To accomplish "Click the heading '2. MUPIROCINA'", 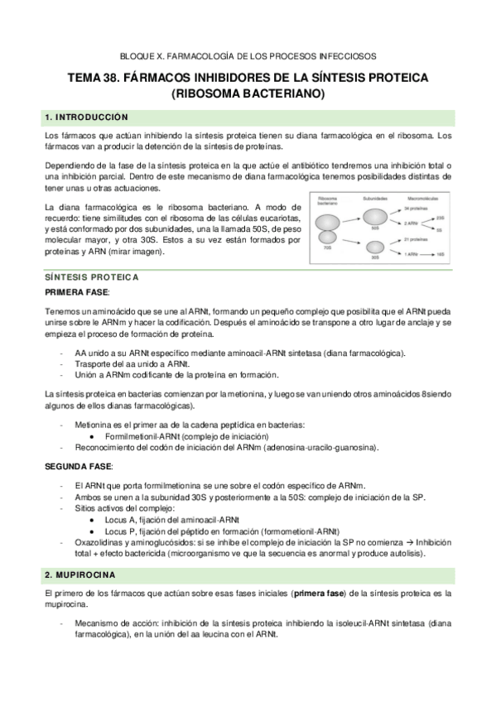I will (x=82, y=574).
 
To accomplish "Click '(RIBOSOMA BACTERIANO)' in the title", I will (x=248, y=94).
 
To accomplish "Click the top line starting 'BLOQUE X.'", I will (x=248, y=56).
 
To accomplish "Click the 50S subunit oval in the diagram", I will (x=375, y=219).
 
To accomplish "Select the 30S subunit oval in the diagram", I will (x=375, y=246).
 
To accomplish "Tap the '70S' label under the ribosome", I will (x=327, y=248).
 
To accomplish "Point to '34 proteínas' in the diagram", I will (x=415, y=209).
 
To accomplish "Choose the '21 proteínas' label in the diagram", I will (x=415, y=238).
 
